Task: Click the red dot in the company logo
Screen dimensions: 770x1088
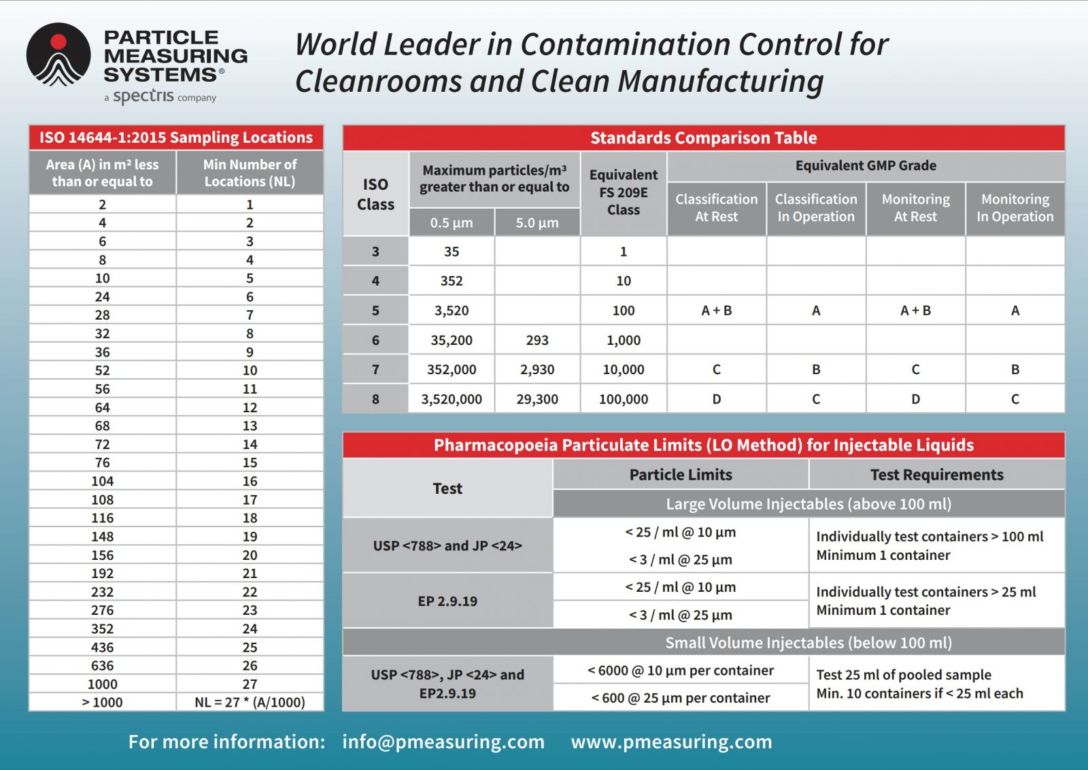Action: pos(58,41)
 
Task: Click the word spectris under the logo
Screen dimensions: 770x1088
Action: pos(143,96)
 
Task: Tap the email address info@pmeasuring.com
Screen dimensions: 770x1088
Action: pos(443,741)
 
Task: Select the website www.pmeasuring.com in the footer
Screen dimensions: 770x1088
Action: pos(671,741)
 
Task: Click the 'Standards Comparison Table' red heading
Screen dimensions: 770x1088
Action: pos(703,138)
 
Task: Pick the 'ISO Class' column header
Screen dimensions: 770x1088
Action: pos(375,194)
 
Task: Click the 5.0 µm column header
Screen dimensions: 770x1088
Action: pos(537,222)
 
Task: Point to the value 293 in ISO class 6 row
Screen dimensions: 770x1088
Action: pos(537,340)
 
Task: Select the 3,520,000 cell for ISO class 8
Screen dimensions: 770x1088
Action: pos(452,399)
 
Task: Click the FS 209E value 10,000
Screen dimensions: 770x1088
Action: pos(623,369)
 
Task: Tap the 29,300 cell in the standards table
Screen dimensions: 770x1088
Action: pos(537,399)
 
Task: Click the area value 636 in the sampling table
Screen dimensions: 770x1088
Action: pos(102,665)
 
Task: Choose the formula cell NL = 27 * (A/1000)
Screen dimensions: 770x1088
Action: pos(250,702)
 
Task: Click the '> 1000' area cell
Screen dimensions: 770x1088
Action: pos(102,702)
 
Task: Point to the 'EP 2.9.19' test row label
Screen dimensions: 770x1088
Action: pos(447,601)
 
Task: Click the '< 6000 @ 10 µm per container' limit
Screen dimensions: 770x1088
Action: pos(680,670)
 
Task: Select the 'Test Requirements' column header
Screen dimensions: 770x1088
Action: pos(936,475)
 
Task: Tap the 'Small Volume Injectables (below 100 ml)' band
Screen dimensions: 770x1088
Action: pos(808,642)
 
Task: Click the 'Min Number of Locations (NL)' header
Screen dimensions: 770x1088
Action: pos(250,173)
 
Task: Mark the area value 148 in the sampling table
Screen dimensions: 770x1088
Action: pos(102,536)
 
